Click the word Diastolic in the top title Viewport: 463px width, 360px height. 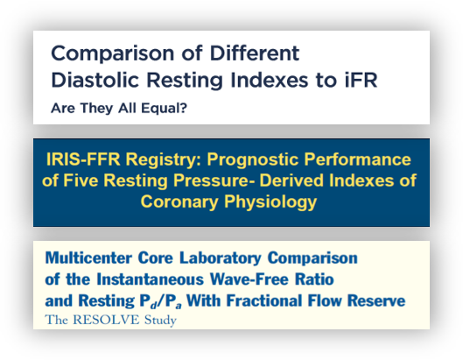[95, 80]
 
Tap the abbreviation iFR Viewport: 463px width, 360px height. [361, 80]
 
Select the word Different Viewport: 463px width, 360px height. [255, 53]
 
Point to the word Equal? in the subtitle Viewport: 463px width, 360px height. [165, 109]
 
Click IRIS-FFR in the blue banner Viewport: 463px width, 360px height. [83, 159]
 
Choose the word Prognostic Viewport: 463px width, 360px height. [253, 160]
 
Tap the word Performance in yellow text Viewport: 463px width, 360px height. [358, 159]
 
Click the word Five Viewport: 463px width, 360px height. [81, 180]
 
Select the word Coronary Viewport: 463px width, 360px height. [179, 202]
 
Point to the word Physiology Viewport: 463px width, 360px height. [270, 202]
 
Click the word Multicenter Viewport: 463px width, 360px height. [88, 258]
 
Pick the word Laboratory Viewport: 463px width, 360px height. [221, 258]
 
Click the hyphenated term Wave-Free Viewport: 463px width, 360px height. [249, 279]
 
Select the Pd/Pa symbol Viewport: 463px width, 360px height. [160, 301]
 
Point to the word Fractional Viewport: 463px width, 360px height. [263, 301]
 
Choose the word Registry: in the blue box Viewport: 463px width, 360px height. [164, 160]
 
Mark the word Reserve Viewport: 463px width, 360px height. [376, 301]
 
